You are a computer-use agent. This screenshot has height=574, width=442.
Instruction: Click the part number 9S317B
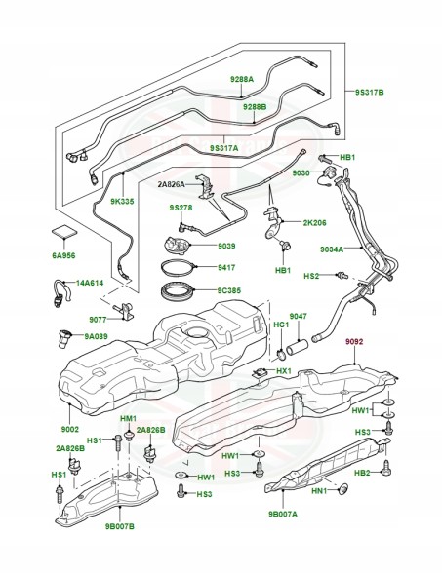coord(369,93)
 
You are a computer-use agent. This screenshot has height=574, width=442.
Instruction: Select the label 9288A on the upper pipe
coord(242,79)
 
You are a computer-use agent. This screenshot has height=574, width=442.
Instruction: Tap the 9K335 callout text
coord(123,201)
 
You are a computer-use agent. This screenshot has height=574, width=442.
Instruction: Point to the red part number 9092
coord(353,341)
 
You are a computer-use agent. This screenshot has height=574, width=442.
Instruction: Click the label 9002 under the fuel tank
coord(69,429)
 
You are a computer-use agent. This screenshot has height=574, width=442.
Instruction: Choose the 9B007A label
coord(283,514)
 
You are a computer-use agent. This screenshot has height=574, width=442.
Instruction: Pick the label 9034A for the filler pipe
coord(332,249)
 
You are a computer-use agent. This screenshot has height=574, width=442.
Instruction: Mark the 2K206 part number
coord(314,222)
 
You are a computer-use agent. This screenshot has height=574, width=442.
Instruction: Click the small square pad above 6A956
coord(64,232)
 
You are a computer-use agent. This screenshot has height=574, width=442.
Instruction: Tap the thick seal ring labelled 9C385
coord(178,290)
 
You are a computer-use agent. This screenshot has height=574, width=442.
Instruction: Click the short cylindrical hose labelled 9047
coord(298,347)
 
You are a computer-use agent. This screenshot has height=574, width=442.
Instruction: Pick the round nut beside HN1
coord(343,489)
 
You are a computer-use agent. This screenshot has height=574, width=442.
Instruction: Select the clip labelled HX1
coord(260,373)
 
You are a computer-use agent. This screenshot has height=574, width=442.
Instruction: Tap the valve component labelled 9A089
coord(63,338)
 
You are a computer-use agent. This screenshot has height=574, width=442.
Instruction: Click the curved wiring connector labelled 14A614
coord(61,293)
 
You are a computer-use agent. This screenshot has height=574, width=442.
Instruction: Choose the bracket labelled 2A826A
coord(206,188)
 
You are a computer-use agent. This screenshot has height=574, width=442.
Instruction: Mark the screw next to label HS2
coord(342,275)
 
